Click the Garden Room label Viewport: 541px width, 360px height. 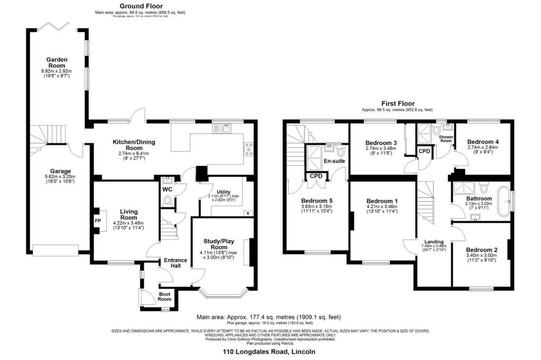point(56,62)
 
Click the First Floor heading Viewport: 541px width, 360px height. point(398,103)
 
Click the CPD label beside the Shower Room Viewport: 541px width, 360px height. point(424,151)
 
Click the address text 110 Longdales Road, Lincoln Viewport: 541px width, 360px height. point(269,352)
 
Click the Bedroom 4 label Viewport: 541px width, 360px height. point(483,142)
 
